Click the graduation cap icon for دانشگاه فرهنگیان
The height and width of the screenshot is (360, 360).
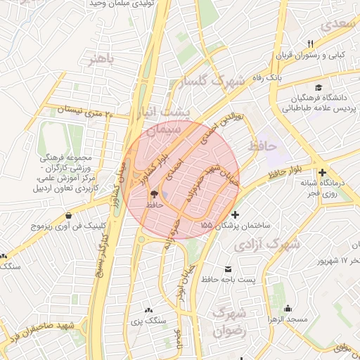[x=319, y=88]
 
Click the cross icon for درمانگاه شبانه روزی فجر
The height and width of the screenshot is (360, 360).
[x=322, y=173]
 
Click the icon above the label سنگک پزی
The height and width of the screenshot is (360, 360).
[x=148, y=309]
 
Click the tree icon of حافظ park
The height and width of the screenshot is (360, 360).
[x=154, y=193]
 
